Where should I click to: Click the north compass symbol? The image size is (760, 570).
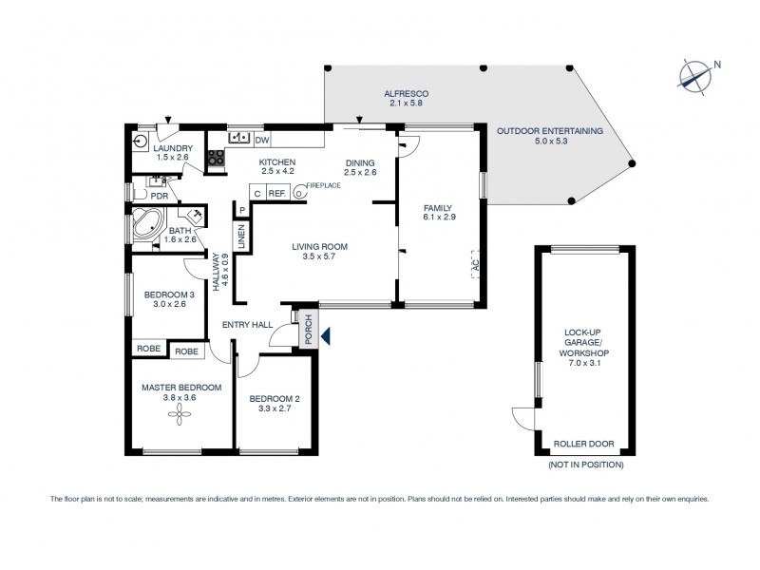coord(698,73)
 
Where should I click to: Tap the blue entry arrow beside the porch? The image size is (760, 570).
coord(326,335)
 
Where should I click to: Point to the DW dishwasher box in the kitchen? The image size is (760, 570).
coord(262,141)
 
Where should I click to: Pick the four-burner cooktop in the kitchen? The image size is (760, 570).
coord(216,158)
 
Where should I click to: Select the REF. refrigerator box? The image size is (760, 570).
coord(277,193)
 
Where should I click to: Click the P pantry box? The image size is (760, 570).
coord(242,210)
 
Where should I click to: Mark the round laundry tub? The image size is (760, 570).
coord(142,141)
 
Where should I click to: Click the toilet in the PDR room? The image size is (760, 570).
coord(156,180)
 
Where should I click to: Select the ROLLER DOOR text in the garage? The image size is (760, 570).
coord(584,444)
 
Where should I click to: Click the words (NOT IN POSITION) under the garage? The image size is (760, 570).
coord(584,465)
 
